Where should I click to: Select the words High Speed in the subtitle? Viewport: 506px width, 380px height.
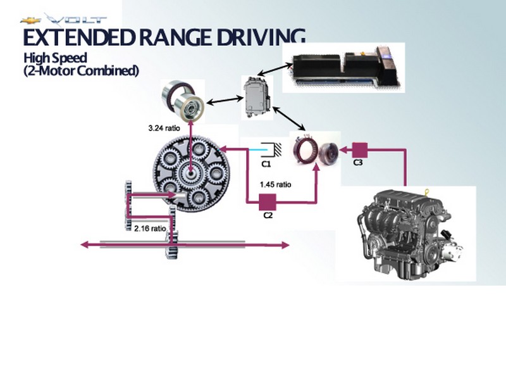pyautogui.click(x=55, y=58)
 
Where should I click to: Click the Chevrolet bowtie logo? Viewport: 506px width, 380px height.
pyautogui.click(x=30, y=21)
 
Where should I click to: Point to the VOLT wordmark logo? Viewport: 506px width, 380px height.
pyautogui.click(x=76, y=20)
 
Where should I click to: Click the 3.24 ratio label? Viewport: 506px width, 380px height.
pyautogui.click(x=164, y=129)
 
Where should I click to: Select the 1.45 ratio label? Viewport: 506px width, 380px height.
pyautogui.click(x=276, y=184)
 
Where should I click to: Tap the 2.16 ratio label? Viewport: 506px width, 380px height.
pyautogui.click(x=150, y=229)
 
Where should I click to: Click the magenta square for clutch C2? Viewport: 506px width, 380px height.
pyautogui.click(x=268, y=202)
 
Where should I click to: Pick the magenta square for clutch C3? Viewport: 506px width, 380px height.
pyautogui.click(x=359, y=150)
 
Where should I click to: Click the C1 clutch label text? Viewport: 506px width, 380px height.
pyautogui.click(x=266, y=164)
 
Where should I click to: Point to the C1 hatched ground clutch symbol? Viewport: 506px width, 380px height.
pyautogui.click(x=272, y=150)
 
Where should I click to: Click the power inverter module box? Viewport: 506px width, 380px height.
pyautogui.click(x=257, y=97)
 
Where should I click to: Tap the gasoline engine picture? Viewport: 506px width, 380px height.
pyautogui.click(x=409, y=234)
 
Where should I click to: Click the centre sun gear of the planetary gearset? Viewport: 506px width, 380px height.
pyautogui.click(x=191, y=173)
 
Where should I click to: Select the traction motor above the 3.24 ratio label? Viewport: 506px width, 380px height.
pyautogui.click(x=183, y=102)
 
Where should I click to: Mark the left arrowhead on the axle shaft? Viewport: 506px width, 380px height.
pyautogui.click(x=85, y=244)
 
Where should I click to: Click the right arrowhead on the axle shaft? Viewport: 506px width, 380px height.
pyautogui.click(x=285, y=245)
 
